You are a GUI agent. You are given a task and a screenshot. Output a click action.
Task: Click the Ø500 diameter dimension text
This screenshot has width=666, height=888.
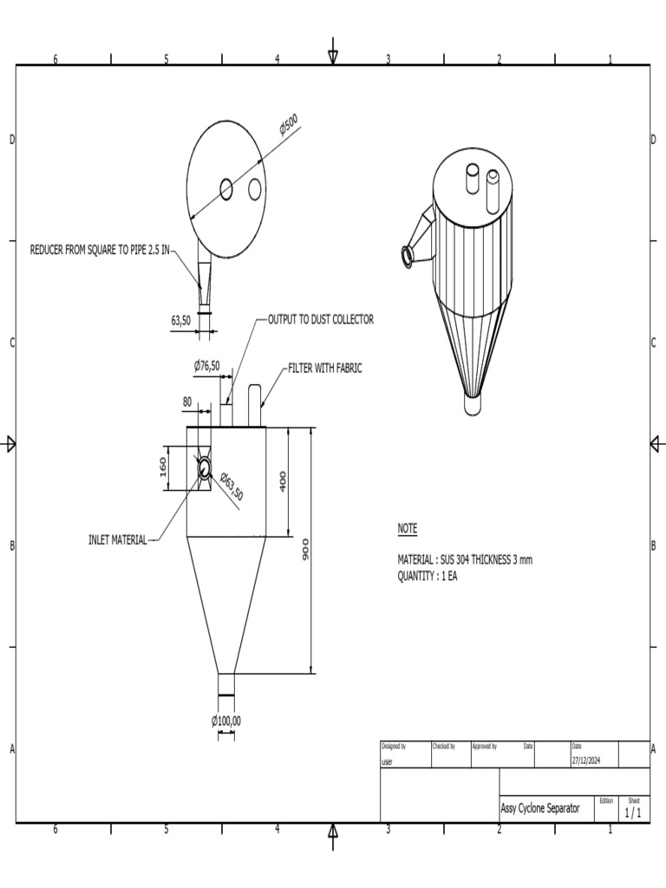[289, 125]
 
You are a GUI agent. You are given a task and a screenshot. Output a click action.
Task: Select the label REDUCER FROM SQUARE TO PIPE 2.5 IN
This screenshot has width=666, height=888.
[100, 250]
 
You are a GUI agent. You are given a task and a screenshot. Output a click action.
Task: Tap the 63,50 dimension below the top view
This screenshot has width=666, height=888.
[180, 320]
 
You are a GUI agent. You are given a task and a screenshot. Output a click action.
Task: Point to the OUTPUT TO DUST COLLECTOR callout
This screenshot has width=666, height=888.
[320, 319]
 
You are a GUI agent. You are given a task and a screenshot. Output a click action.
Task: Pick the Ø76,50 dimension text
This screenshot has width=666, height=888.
[206, 365]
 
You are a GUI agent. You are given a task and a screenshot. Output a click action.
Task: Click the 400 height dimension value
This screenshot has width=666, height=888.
[283, 481]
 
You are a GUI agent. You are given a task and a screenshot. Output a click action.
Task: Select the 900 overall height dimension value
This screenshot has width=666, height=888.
[305, 550]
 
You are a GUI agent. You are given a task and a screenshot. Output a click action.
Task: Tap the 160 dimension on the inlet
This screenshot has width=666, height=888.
[163, 467]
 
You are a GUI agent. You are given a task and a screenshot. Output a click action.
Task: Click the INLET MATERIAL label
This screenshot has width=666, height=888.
[118, 540]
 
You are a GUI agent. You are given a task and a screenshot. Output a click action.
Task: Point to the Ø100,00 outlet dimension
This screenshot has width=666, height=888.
[226, 721]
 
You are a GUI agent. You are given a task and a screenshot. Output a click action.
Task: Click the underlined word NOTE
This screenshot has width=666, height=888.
[407, 528]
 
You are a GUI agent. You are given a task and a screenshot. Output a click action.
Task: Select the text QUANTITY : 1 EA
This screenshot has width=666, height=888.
[428, 576]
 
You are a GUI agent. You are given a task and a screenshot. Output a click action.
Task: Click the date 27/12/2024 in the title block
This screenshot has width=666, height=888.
[588, 761]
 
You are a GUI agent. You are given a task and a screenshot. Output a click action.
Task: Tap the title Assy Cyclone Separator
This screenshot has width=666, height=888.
[540, 808]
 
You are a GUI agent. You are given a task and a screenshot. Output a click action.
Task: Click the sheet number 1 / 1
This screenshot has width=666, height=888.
[633, 813]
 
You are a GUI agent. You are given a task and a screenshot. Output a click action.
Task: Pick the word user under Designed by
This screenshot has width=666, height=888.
[387, 761]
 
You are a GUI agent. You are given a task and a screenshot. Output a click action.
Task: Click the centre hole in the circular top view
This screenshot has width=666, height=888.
[226, 188]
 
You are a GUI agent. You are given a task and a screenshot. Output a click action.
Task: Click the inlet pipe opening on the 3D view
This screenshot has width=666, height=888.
[406, 256]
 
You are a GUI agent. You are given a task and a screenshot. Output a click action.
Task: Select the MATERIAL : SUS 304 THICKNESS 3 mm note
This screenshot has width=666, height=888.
[465, 560]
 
